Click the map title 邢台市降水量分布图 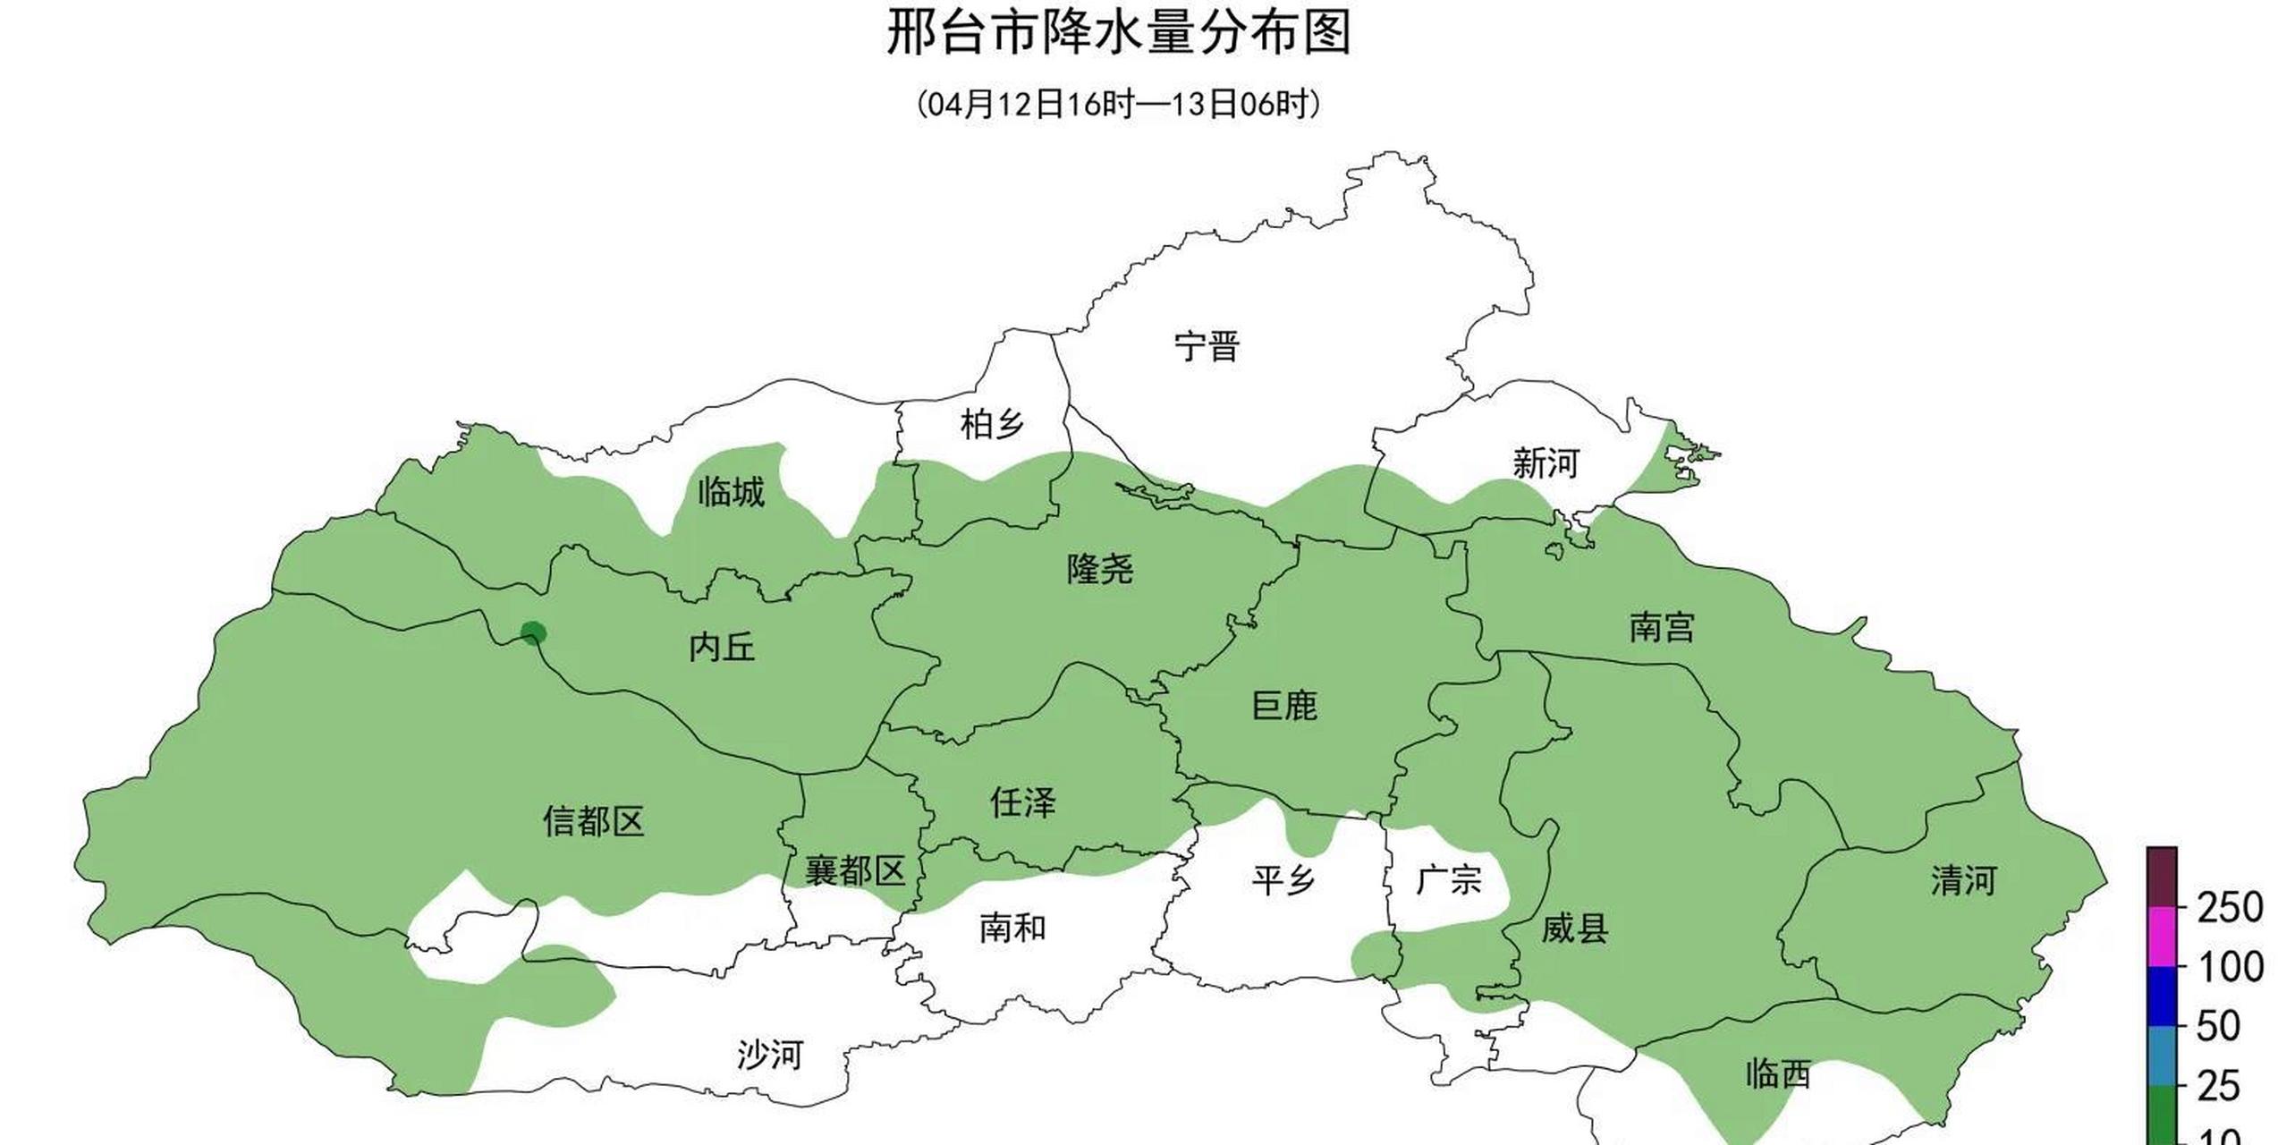[1118, 32]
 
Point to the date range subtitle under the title [1118, 104]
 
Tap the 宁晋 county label [1207, 346]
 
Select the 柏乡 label [992, 424]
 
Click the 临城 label [731, 492]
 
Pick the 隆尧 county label [1099, 569]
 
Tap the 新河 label [1545, 463]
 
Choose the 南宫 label [1661, 627]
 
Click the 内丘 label [721, 647]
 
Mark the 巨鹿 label [1283, 706]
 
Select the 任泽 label [1022, 802]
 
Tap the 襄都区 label [855, 870]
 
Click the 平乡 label [1283, 880]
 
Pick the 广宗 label [1448, 880]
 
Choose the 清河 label [1963, 881]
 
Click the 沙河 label [769, 1056]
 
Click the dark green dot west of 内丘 [533, 633]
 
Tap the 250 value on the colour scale [2230, 909]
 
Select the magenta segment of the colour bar [2162, 937]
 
